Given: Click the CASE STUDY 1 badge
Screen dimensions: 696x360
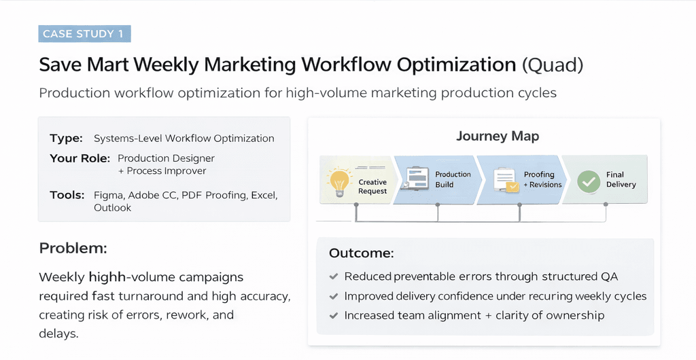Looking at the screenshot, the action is [x=84, y=34].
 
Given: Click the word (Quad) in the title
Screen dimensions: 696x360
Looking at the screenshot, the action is [x=552, y=65].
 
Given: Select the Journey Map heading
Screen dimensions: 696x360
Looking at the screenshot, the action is [x=498, y=136].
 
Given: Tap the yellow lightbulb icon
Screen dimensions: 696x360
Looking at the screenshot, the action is [x=339, y=182].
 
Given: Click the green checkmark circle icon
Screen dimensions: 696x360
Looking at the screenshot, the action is [x=589, y=182].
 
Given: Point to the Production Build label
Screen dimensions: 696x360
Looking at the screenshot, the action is [x=453, y=179].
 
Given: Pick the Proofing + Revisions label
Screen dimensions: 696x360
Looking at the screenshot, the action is [x=542, y=179].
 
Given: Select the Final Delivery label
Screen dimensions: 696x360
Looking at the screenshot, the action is [x=621, y=179].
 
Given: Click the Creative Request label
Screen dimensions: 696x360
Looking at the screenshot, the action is [x=372, y=187].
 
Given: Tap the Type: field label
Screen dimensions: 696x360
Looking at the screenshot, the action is [x=66, y=139].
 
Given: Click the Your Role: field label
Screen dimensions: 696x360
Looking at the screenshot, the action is [x=80, y=158].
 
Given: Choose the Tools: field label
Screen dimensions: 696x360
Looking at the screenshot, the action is [x=67, y=195].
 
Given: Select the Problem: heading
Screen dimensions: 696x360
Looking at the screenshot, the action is [x=73, y=248].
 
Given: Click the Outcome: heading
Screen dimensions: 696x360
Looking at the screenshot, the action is [x=362, y=253].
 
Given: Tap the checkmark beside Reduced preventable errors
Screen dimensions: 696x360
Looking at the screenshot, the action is [x=333, y=276].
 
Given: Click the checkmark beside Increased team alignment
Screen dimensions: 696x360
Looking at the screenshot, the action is [x=333, y=316].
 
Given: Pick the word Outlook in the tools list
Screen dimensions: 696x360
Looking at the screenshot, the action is [x=112, y=208].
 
